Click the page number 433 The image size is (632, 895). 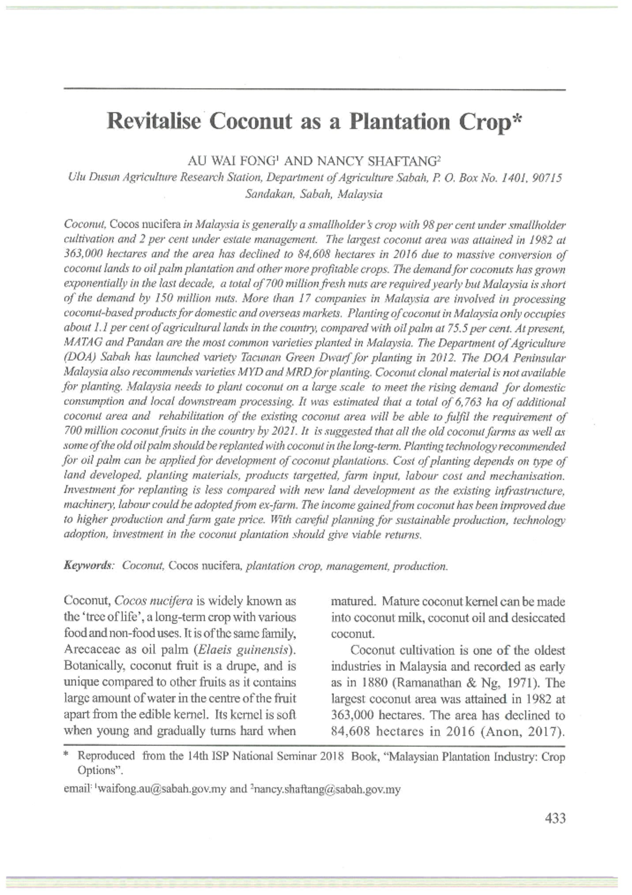[555, 818]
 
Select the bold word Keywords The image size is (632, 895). [87, 566]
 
